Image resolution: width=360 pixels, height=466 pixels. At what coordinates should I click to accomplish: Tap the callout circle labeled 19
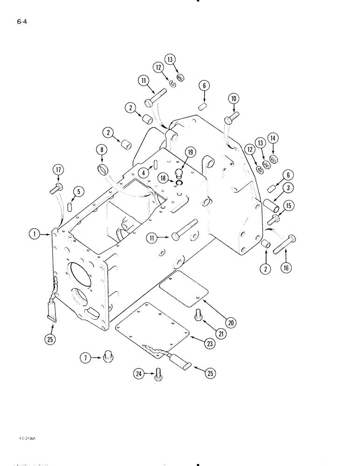[x=191, y=152]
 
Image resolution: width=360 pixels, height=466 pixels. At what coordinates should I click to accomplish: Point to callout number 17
[x=58, y=171]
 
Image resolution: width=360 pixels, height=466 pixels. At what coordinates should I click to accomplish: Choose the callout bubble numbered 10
[x=233, y=98]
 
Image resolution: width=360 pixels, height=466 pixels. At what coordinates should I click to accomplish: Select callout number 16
[x=286, y=267]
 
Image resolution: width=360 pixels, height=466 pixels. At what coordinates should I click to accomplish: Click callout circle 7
[x=85, y=358]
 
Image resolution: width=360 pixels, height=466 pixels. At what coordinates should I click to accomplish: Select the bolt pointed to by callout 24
[x=159, y=374]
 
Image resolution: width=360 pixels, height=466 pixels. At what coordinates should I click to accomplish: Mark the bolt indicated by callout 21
[x=198, y=315]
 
